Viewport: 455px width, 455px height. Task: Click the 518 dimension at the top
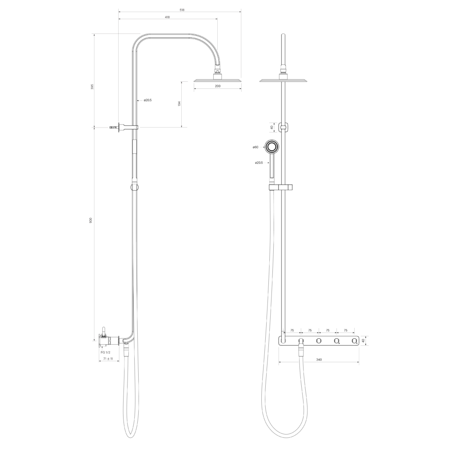[182, 10]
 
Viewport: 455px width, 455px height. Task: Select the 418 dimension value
[167, 17]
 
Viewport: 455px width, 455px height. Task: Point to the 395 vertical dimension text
[92, 87]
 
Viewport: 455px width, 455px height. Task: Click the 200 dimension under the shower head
[218, 86]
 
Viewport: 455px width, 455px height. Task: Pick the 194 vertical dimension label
[179, 104]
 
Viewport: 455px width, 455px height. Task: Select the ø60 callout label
[255, 147]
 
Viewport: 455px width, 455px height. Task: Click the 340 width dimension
[319, 359]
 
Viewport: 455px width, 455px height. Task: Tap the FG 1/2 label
[105, 352]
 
